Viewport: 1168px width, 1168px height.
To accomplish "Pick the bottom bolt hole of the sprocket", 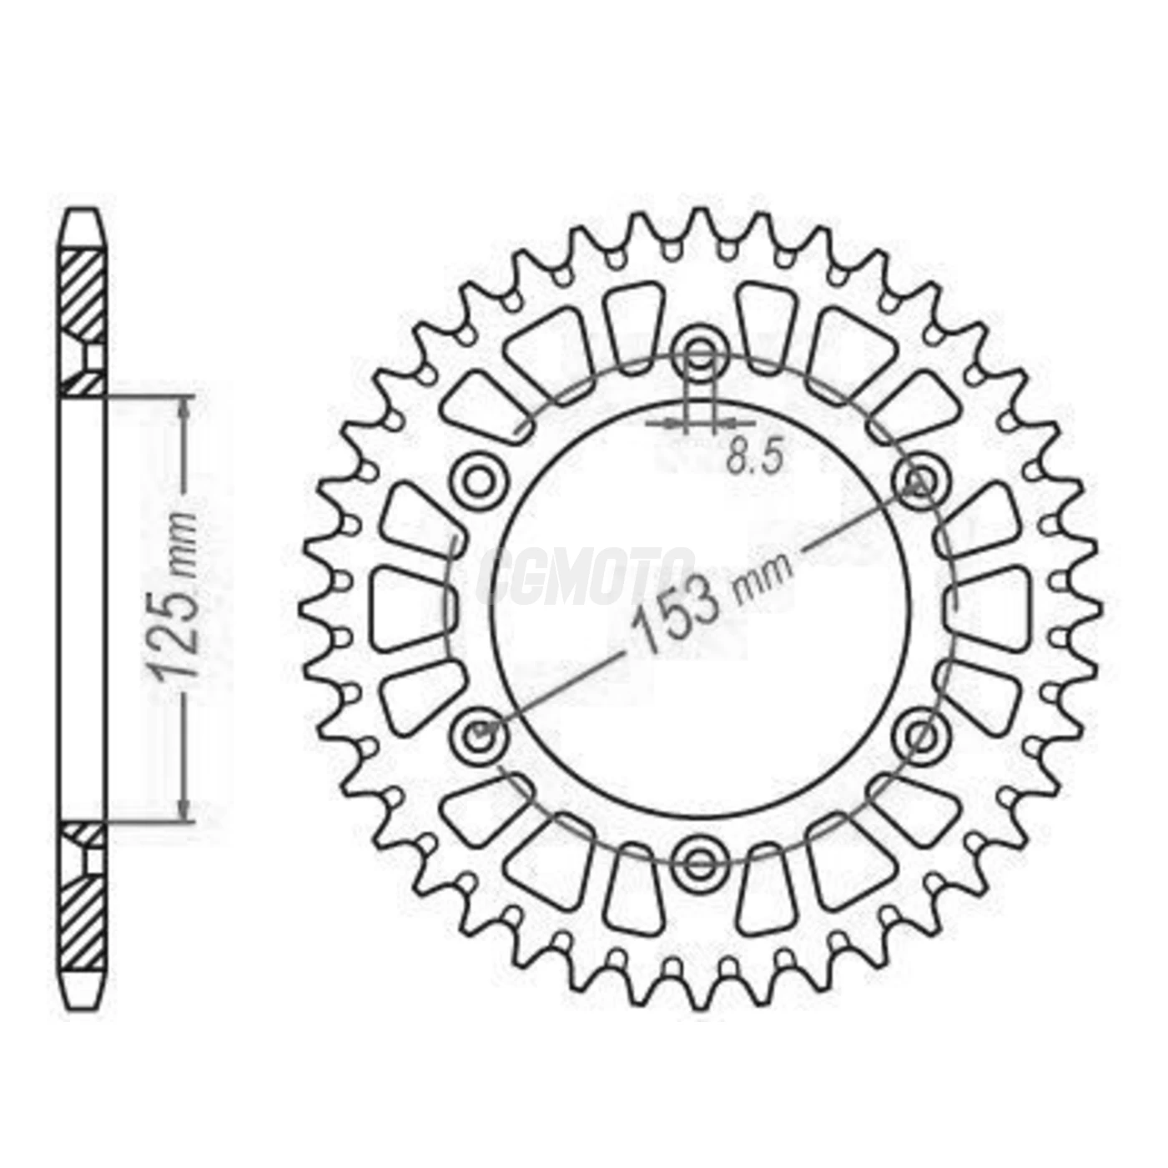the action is (702, 862).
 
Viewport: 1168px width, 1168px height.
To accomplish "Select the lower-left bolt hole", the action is (480, 734).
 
